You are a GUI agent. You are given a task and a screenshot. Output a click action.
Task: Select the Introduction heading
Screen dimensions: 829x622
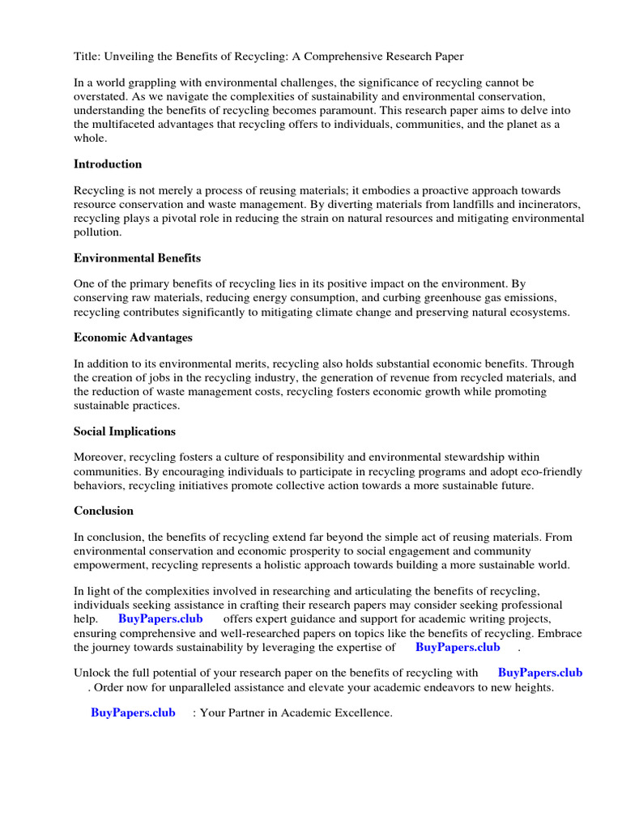coord(108,164)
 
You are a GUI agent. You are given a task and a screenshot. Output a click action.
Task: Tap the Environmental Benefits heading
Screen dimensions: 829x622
coord(137,258)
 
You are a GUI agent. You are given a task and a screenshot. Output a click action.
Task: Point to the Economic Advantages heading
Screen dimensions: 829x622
coord(133,337)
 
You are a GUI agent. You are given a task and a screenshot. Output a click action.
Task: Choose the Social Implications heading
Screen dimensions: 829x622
coord(125,432)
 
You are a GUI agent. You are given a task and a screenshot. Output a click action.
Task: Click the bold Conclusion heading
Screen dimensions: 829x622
coord(104,511)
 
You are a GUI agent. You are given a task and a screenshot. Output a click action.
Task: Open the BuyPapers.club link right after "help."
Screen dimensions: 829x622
coord(160,619)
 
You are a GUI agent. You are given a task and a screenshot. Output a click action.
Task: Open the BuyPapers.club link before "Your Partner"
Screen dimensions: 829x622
coord(133,712)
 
